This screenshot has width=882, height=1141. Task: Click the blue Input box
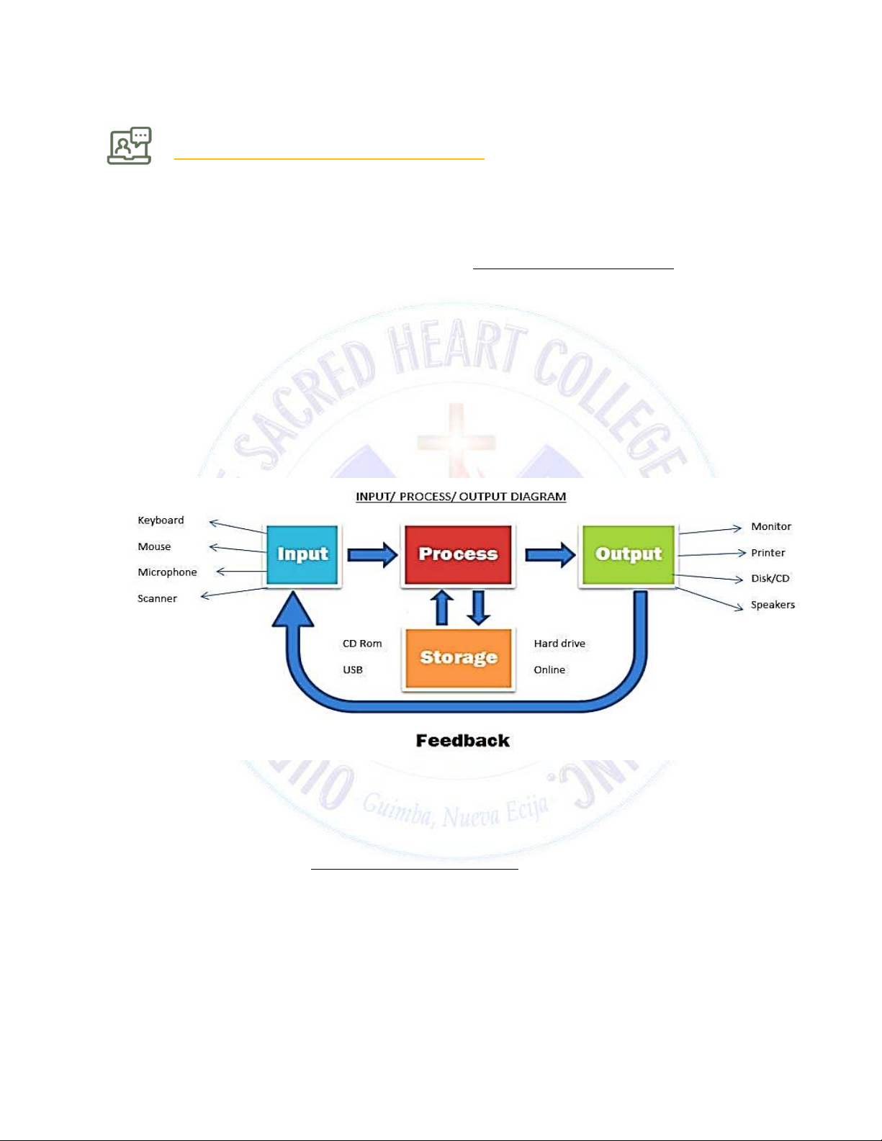[x=302, y=554]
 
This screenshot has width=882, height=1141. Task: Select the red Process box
[x=458, y=554]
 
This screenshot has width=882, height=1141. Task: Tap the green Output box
[x=628, y=554]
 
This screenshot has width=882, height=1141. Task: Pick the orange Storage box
[x=459, y=657]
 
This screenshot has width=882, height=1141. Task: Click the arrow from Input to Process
[x=372, y=555]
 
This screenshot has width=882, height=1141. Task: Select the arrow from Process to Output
[x=550, y=555]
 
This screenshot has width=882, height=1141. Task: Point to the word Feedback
[x=463, y=741]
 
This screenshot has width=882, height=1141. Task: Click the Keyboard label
[x=161, y=520]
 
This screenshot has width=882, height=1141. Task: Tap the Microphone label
[x=167, y=572]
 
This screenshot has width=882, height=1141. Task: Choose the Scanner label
[x=157, y=599]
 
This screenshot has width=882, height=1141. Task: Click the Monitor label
[x=771, y=527]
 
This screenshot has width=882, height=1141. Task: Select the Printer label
[x=768, y=553]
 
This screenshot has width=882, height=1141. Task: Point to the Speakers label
[x=773, y=605]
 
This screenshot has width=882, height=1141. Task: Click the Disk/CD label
[x=770, y=579]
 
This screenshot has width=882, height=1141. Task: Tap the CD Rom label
[x=362, y=644]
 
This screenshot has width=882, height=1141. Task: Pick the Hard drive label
[x=559, y=644]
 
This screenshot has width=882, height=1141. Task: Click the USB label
[x=353, y=670]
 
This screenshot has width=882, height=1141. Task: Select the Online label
[x=549, y=670]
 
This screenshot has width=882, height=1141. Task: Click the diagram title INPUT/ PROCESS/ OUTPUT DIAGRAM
[x=461, y=497]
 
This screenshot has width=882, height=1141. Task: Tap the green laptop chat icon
[x=130, y=146]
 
